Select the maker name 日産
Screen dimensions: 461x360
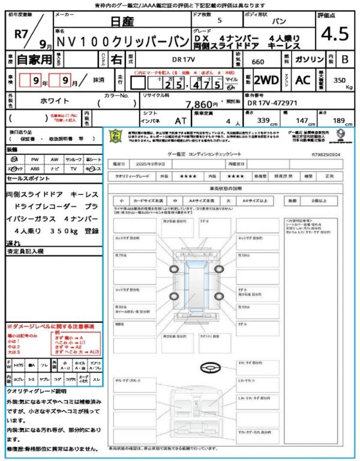coord(121,22)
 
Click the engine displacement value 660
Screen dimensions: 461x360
coord(257,61)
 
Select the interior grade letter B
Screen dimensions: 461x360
coord(344,60)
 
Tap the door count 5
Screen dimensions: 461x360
coord(219,20)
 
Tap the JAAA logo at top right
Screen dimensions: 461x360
coord(341,134)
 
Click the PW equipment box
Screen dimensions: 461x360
coord(35,160)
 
